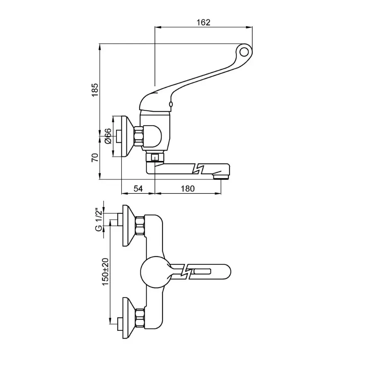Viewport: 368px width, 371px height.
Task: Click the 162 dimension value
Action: click(203, 22)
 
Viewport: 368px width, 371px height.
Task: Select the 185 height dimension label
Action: click(95, 90)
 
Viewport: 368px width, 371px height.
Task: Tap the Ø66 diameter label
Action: click(107, 136)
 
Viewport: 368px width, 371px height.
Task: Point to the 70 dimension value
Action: click(95, 157)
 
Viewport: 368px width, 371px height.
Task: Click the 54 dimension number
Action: click(138, 188)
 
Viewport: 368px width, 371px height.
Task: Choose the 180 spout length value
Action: click(188, 188)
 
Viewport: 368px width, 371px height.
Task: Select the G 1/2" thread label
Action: click(99, 220)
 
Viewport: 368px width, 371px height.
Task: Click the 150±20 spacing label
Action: click(105, 271)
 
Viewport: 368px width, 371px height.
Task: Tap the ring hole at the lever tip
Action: click(244, 52)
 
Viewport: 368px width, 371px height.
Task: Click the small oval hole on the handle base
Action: click(171, 104)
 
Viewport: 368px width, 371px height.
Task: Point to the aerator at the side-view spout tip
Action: click(220, 176)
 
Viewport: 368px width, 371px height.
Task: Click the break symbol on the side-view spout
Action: click(198, 168)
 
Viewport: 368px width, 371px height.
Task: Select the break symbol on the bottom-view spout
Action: click(186, 271)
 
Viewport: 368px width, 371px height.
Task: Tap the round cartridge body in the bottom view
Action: click(155, 272)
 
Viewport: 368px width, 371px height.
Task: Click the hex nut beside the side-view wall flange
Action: click(138, 136)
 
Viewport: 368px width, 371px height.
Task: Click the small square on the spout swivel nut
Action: click(155, 158)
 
